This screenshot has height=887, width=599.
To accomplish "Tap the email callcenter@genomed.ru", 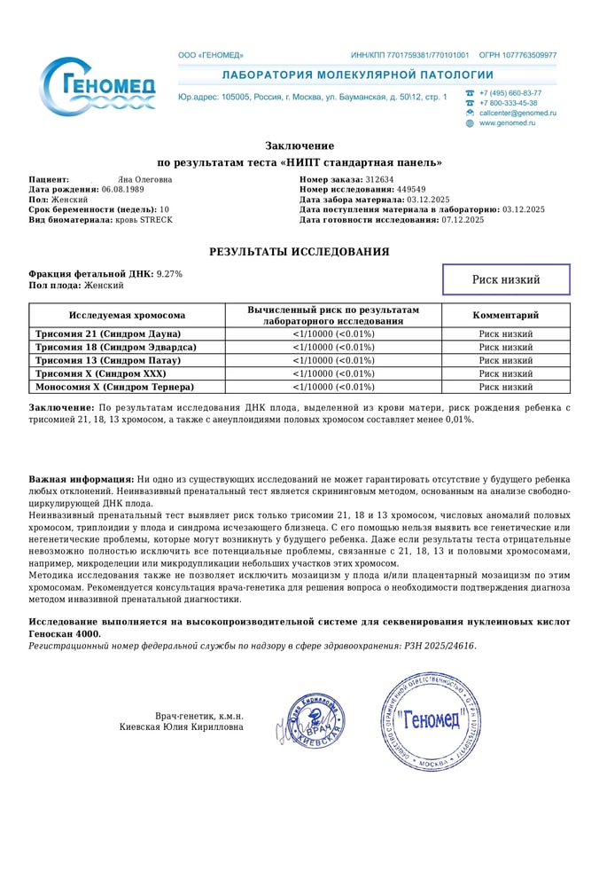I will (517, 114).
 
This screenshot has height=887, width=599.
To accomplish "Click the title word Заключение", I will (299, 145).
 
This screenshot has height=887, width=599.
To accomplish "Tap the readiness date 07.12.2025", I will (464, 219).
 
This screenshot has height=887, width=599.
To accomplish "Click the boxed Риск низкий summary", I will (506, 280).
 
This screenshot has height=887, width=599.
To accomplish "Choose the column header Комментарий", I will (506, 315).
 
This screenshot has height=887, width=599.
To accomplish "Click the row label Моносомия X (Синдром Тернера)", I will (114, 387).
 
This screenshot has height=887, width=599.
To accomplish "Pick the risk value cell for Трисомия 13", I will (333, 360).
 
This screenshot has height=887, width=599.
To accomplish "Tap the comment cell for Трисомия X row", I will (506, 373).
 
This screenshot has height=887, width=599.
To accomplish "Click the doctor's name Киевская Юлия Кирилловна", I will (182, 726).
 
